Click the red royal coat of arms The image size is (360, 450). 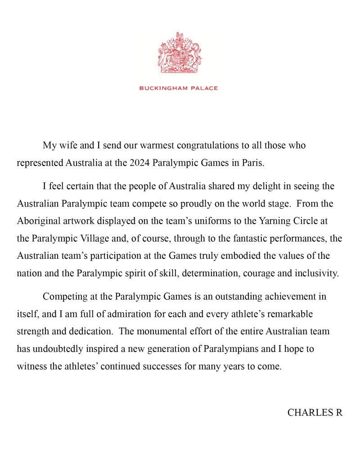180,53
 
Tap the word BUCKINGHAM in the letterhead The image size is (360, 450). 162,88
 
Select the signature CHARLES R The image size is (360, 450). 315,413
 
